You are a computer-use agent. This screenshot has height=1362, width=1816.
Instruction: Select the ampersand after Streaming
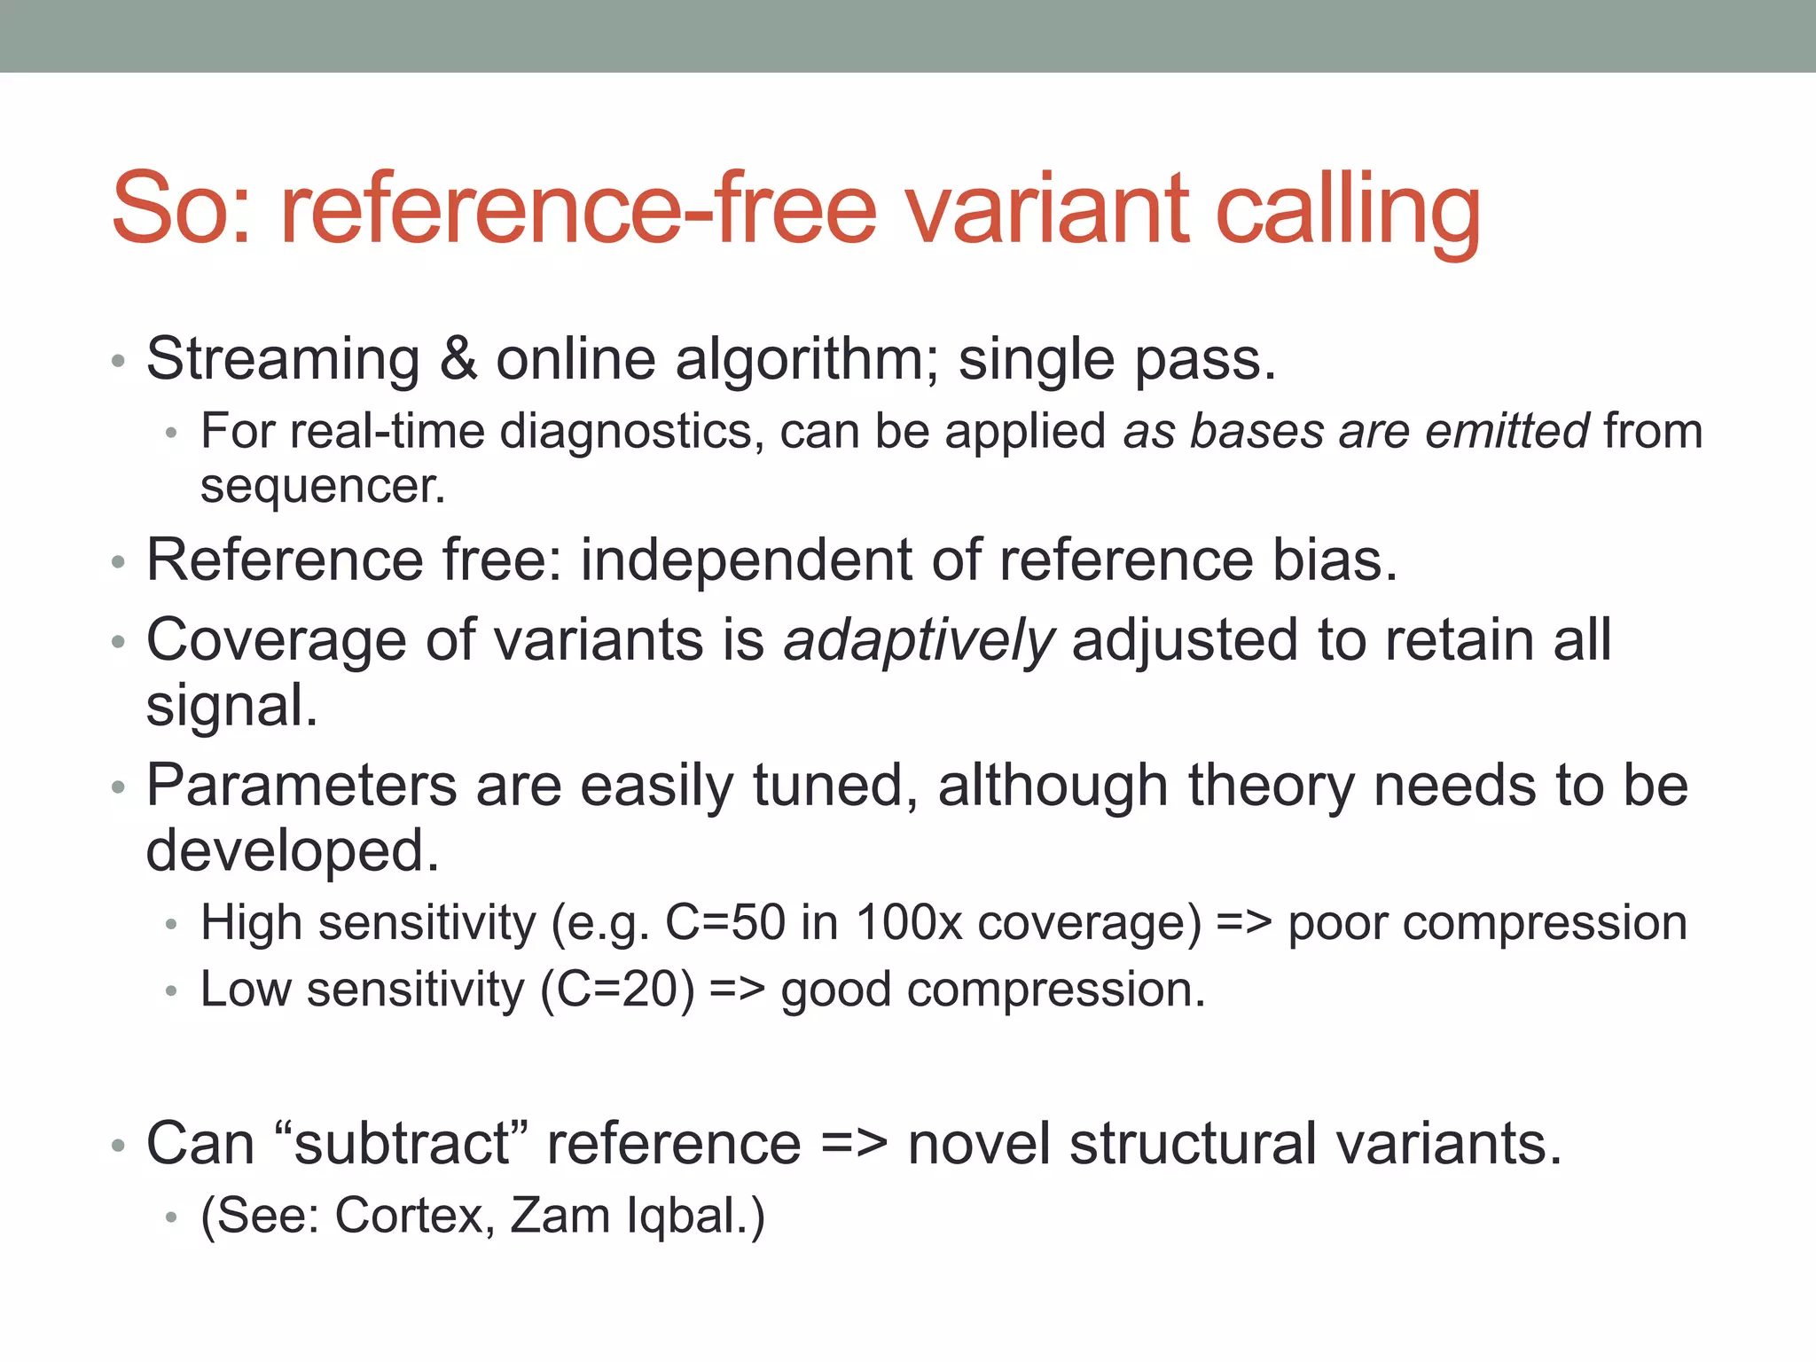458,359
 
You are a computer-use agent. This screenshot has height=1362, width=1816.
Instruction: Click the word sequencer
322,487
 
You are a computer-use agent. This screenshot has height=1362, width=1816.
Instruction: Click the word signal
231,707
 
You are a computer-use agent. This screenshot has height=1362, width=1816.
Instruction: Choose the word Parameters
301,786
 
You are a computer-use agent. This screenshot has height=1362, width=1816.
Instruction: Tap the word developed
292,851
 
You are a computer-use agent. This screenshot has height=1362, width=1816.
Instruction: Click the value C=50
725,923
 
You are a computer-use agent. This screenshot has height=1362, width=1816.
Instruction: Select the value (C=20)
618,990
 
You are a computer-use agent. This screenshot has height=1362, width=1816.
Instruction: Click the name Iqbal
694,1216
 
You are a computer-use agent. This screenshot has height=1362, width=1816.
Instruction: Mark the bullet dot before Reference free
119,562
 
